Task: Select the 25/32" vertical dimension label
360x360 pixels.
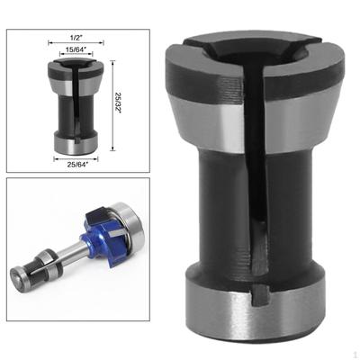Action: point(118,105)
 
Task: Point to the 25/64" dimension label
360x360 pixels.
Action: point(76,165)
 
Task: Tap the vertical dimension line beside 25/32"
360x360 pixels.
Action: point(112,105)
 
